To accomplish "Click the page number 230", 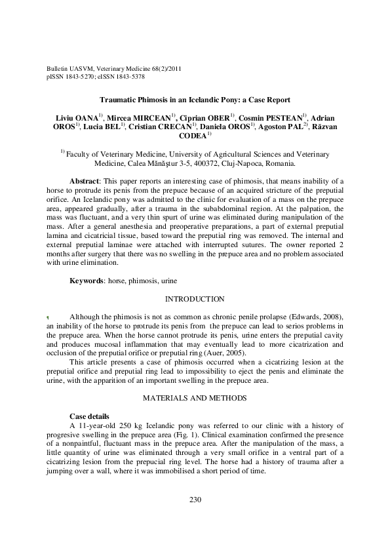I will click(x=195, y=500).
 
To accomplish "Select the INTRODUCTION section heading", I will click(x=195, y=300).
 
